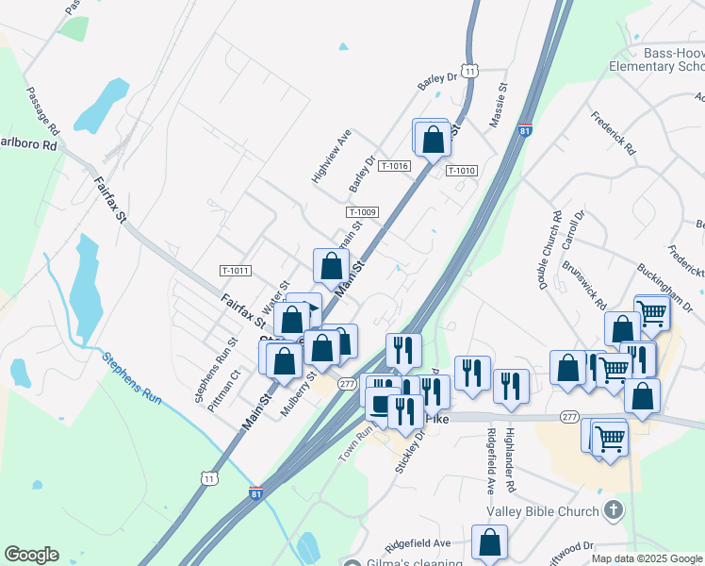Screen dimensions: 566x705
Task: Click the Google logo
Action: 31,555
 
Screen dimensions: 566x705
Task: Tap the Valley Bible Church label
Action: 542,511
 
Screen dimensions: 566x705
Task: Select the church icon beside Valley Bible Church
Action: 613,511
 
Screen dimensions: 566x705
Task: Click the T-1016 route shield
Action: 394,166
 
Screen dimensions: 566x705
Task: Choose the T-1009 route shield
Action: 362,212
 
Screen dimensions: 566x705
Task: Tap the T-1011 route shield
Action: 236,271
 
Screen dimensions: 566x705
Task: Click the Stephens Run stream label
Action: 132,377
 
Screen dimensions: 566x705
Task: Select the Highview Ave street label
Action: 331,156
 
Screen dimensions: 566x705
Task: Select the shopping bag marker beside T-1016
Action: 433,139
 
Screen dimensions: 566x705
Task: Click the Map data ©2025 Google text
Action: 646,558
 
